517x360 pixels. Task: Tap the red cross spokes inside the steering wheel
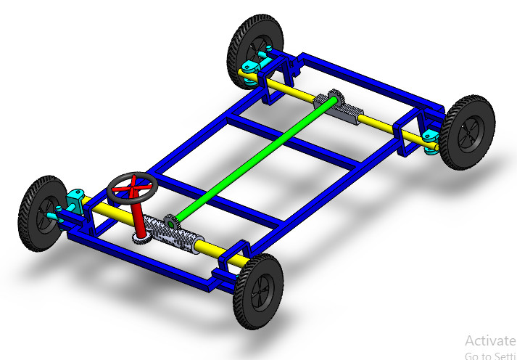pyautogui.click(x=131, y=188)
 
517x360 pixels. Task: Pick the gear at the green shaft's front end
pyautogui.click(x=171, y=222)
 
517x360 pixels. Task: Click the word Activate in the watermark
pyautogui.click(x=490, y=340)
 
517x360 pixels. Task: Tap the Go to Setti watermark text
pyautogui.click(x=490, y=355)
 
